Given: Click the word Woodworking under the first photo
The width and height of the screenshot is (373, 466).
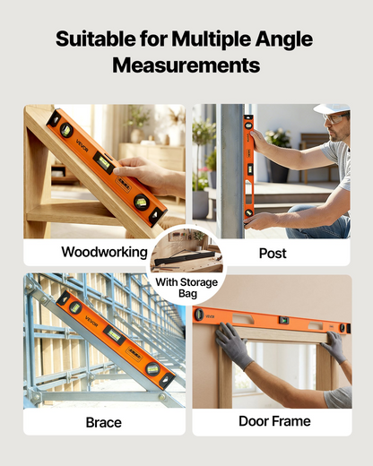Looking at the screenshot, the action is point(104,253).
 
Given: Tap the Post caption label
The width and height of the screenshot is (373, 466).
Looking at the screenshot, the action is point(273,254).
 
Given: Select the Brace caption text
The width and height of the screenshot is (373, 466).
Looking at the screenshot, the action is point(104,422).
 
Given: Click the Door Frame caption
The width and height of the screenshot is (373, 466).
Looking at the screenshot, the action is point(274,421).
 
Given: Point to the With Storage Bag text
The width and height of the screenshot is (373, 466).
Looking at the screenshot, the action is point(186,288).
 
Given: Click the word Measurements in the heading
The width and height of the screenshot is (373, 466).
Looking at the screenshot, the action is point(186,65).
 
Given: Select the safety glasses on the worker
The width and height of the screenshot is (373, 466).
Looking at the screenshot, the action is point(334,118).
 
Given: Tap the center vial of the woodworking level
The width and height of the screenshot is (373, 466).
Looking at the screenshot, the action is point(104,161).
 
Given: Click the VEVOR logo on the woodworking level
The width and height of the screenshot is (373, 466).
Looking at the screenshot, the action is point(82,145).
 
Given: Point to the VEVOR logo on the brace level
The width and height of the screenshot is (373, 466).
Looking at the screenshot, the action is point(91,321).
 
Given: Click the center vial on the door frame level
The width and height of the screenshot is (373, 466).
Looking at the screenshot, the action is point(284,321).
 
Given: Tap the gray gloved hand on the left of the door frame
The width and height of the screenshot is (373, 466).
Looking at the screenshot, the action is point(233,345).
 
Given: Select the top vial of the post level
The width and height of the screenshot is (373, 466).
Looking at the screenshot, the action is point(248,125).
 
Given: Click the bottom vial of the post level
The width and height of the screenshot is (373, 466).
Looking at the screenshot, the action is point(248,213).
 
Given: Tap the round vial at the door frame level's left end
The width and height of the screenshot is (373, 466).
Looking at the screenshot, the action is point(198,315).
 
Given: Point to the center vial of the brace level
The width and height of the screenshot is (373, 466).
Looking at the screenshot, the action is point(114,335).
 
